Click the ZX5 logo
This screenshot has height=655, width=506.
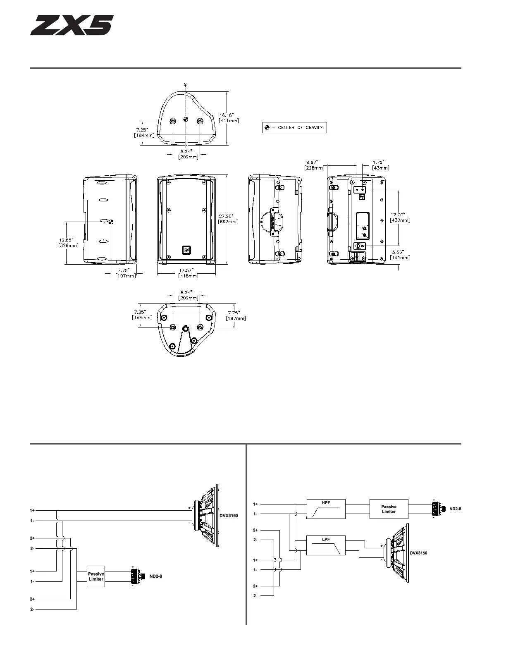[72, 25]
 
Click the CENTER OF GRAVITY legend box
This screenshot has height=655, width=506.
[294, 127]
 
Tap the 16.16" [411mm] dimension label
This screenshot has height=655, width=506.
[229, 118]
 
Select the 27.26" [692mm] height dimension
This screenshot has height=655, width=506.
[228, 219]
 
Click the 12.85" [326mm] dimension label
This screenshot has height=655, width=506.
[68, 243]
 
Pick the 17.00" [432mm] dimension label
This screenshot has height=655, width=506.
[400, 218]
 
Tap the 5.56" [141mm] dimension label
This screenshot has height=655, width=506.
[400, 255]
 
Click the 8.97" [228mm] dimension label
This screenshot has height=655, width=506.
[314, 165]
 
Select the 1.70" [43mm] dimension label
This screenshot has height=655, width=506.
[380, 165]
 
